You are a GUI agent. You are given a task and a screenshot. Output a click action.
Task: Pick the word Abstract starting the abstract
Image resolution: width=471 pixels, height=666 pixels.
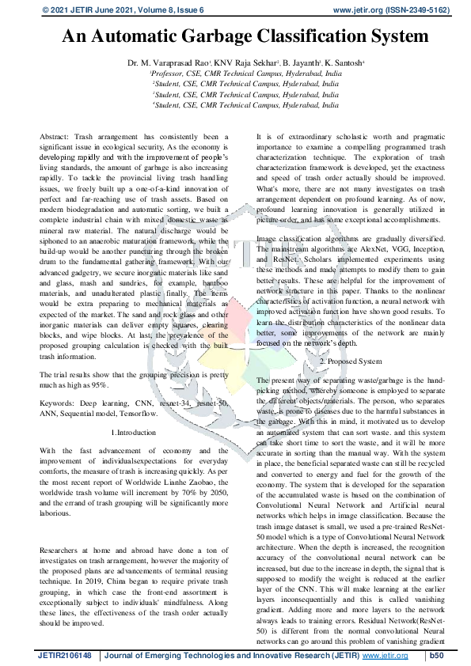tap(55, 138)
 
